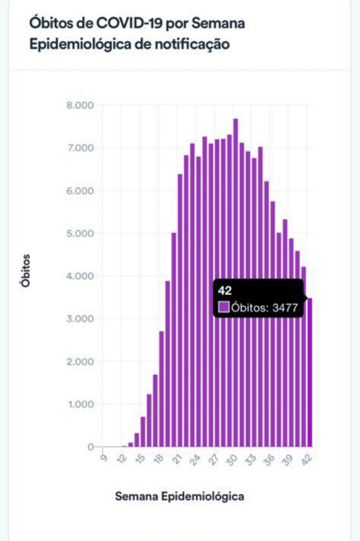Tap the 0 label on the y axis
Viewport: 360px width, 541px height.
[x=90, y=447]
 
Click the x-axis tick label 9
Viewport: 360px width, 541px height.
[x=103, y=459]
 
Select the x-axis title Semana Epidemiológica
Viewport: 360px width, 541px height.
[x=180, y=496]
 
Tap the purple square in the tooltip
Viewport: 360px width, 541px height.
[x=224, y=306]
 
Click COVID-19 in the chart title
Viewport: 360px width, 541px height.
[x=125, y=24]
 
